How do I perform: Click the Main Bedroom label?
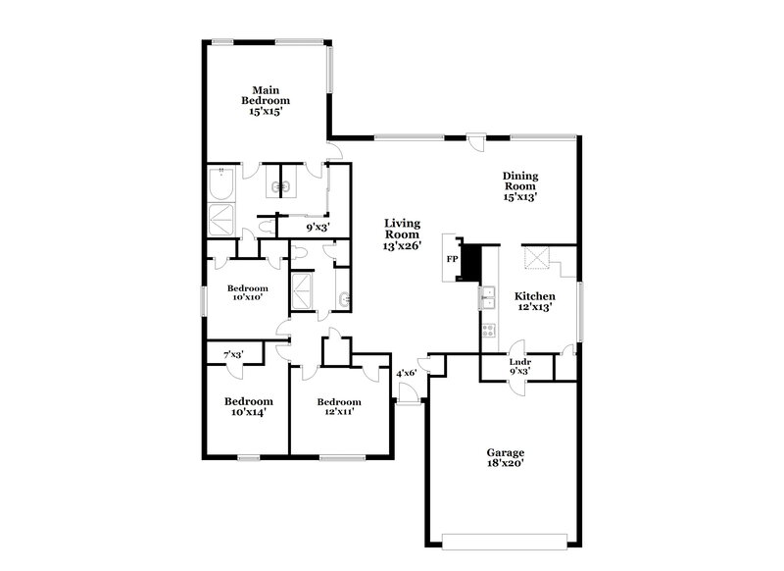tap(267, 99)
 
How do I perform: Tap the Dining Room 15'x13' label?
tap(521, 185)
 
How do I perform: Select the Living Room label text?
tap(402, 234)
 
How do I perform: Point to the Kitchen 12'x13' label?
tap(536, 301)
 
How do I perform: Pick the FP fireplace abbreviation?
tap(452, 260)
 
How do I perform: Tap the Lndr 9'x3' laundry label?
tap(520, 366)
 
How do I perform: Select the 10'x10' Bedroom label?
tap(248, 293)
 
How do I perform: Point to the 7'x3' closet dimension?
tap(233, 354)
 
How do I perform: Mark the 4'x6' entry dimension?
tap(407, 373)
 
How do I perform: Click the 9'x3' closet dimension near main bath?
tap(318, 228)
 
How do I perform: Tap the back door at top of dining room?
tap(475, 139)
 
